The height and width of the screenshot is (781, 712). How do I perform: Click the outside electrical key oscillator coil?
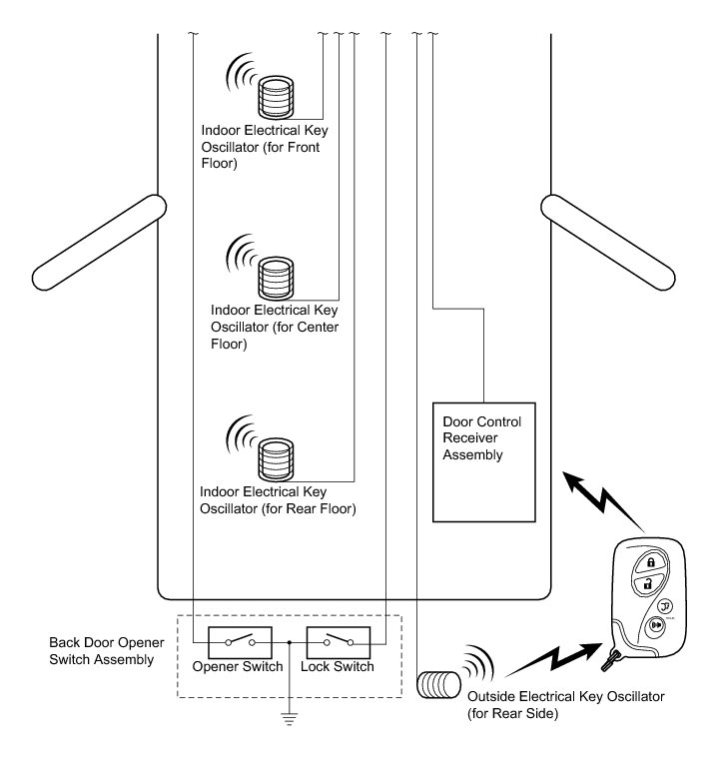coord(436,684)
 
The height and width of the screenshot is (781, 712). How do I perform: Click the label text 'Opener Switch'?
coord(238,667)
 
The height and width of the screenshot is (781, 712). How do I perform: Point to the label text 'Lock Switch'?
coord(338,667)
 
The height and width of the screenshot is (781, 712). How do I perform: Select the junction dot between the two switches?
coord(289,641)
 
